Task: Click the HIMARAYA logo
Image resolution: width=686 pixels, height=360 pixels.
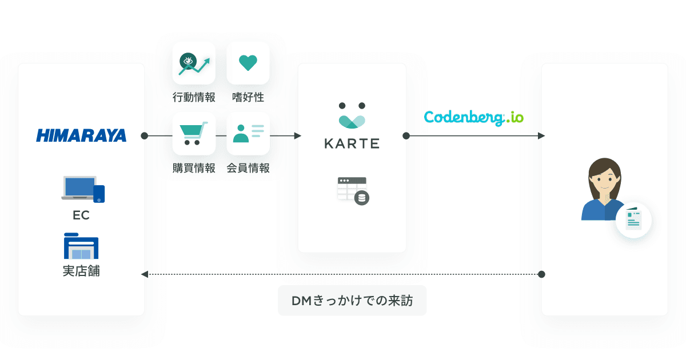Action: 81,135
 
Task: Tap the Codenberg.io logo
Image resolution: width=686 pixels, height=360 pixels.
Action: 474,118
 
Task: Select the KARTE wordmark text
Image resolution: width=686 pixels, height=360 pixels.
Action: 352,143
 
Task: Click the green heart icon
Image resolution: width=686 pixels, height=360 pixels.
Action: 248,63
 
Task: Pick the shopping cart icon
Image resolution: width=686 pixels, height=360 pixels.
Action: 194,134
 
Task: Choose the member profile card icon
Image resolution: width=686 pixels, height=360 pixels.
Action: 248,134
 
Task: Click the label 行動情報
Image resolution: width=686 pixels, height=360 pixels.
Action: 194,97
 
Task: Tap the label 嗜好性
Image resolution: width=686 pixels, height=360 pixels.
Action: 248,97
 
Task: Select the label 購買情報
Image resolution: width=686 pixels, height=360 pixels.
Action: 194,168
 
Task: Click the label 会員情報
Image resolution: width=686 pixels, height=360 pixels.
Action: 248,168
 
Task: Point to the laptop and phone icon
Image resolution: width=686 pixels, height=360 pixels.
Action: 83,189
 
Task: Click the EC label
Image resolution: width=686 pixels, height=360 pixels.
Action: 81,215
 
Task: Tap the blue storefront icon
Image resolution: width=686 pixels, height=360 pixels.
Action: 81,246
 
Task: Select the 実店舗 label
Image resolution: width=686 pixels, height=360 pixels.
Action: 81,271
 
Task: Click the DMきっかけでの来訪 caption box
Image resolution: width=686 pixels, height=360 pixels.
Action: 352,301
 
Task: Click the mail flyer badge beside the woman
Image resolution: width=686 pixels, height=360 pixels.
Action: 633,220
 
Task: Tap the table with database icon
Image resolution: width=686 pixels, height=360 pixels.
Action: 353,191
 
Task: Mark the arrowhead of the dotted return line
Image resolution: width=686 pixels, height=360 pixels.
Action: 144,274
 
